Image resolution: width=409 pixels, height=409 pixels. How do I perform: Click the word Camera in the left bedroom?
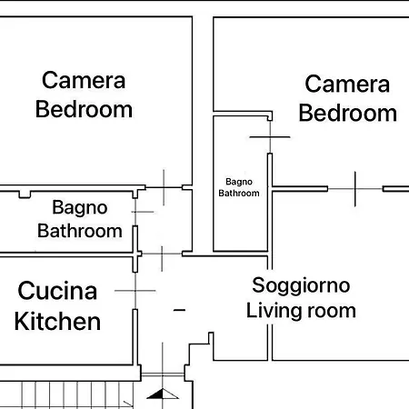84,80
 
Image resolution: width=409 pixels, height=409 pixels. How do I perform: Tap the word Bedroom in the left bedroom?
84,110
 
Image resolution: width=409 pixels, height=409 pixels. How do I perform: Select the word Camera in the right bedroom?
347,85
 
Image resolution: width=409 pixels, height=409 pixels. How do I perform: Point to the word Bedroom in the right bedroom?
347,114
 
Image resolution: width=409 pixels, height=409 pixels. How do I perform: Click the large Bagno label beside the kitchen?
80,208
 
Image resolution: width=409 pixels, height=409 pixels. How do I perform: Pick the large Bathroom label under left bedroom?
80,231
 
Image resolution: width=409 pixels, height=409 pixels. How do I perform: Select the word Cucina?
58,292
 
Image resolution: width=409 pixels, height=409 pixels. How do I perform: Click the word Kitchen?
58,321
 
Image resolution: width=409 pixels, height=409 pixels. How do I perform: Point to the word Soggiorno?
301,285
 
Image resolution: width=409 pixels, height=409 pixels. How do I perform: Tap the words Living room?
301,310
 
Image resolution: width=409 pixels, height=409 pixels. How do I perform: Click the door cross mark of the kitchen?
138,291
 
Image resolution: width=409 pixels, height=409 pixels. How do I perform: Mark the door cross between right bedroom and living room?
354,189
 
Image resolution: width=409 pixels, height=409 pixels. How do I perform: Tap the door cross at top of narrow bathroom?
270,136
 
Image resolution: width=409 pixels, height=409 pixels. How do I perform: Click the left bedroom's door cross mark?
164,187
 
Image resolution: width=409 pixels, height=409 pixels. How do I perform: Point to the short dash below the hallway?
179,311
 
